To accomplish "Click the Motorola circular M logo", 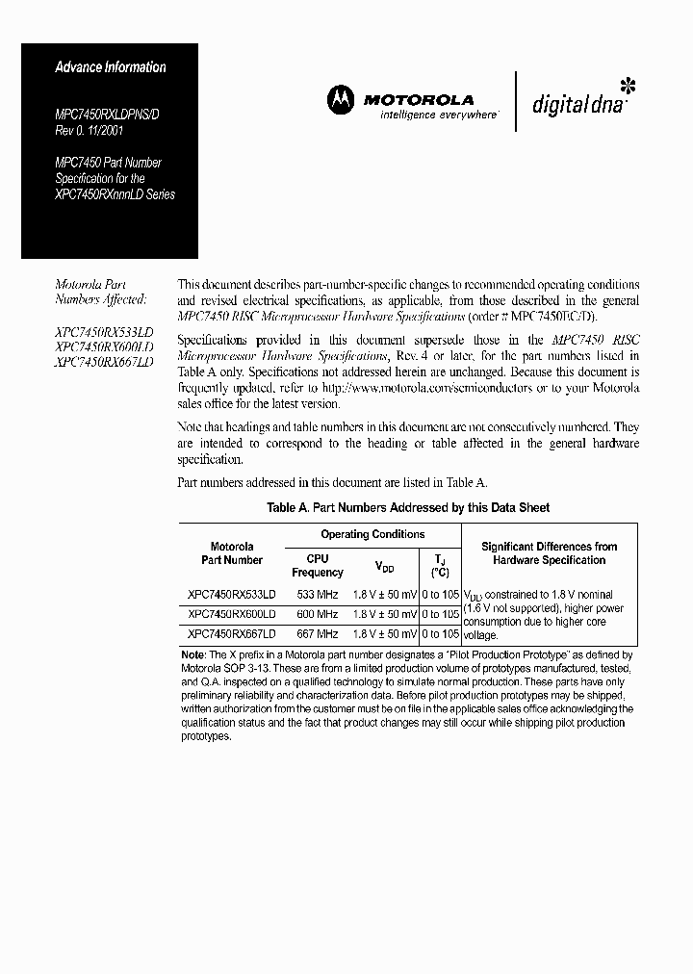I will [x=342, y=99].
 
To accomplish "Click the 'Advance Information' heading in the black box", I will [x=110, y=67].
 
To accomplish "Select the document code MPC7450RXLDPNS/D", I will [x=108, y=115].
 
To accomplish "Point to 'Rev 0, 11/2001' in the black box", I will [x=89, y=131].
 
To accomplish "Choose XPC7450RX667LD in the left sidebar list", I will [x=104, y=362].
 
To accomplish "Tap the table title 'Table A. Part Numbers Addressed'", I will [x=408, y=507].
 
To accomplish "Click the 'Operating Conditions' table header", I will [x=372, y=534].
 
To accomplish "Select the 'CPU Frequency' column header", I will [x=317, y=565].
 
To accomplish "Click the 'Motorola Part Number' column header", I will [x=232, y=553].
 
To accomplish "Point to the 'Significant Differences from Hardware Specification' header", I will [x=549, y=553].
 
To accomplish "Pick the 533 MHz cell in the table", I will [x=317, y=595].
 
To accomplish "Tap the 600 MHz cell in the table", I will [x=317, y=614].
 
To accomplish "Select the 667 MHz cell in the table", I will [x=317, y=634].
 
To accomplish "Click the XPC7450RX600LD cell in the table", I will [x=232, y=614].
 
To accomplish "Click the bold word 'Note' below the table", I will [x=193, y=654].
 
